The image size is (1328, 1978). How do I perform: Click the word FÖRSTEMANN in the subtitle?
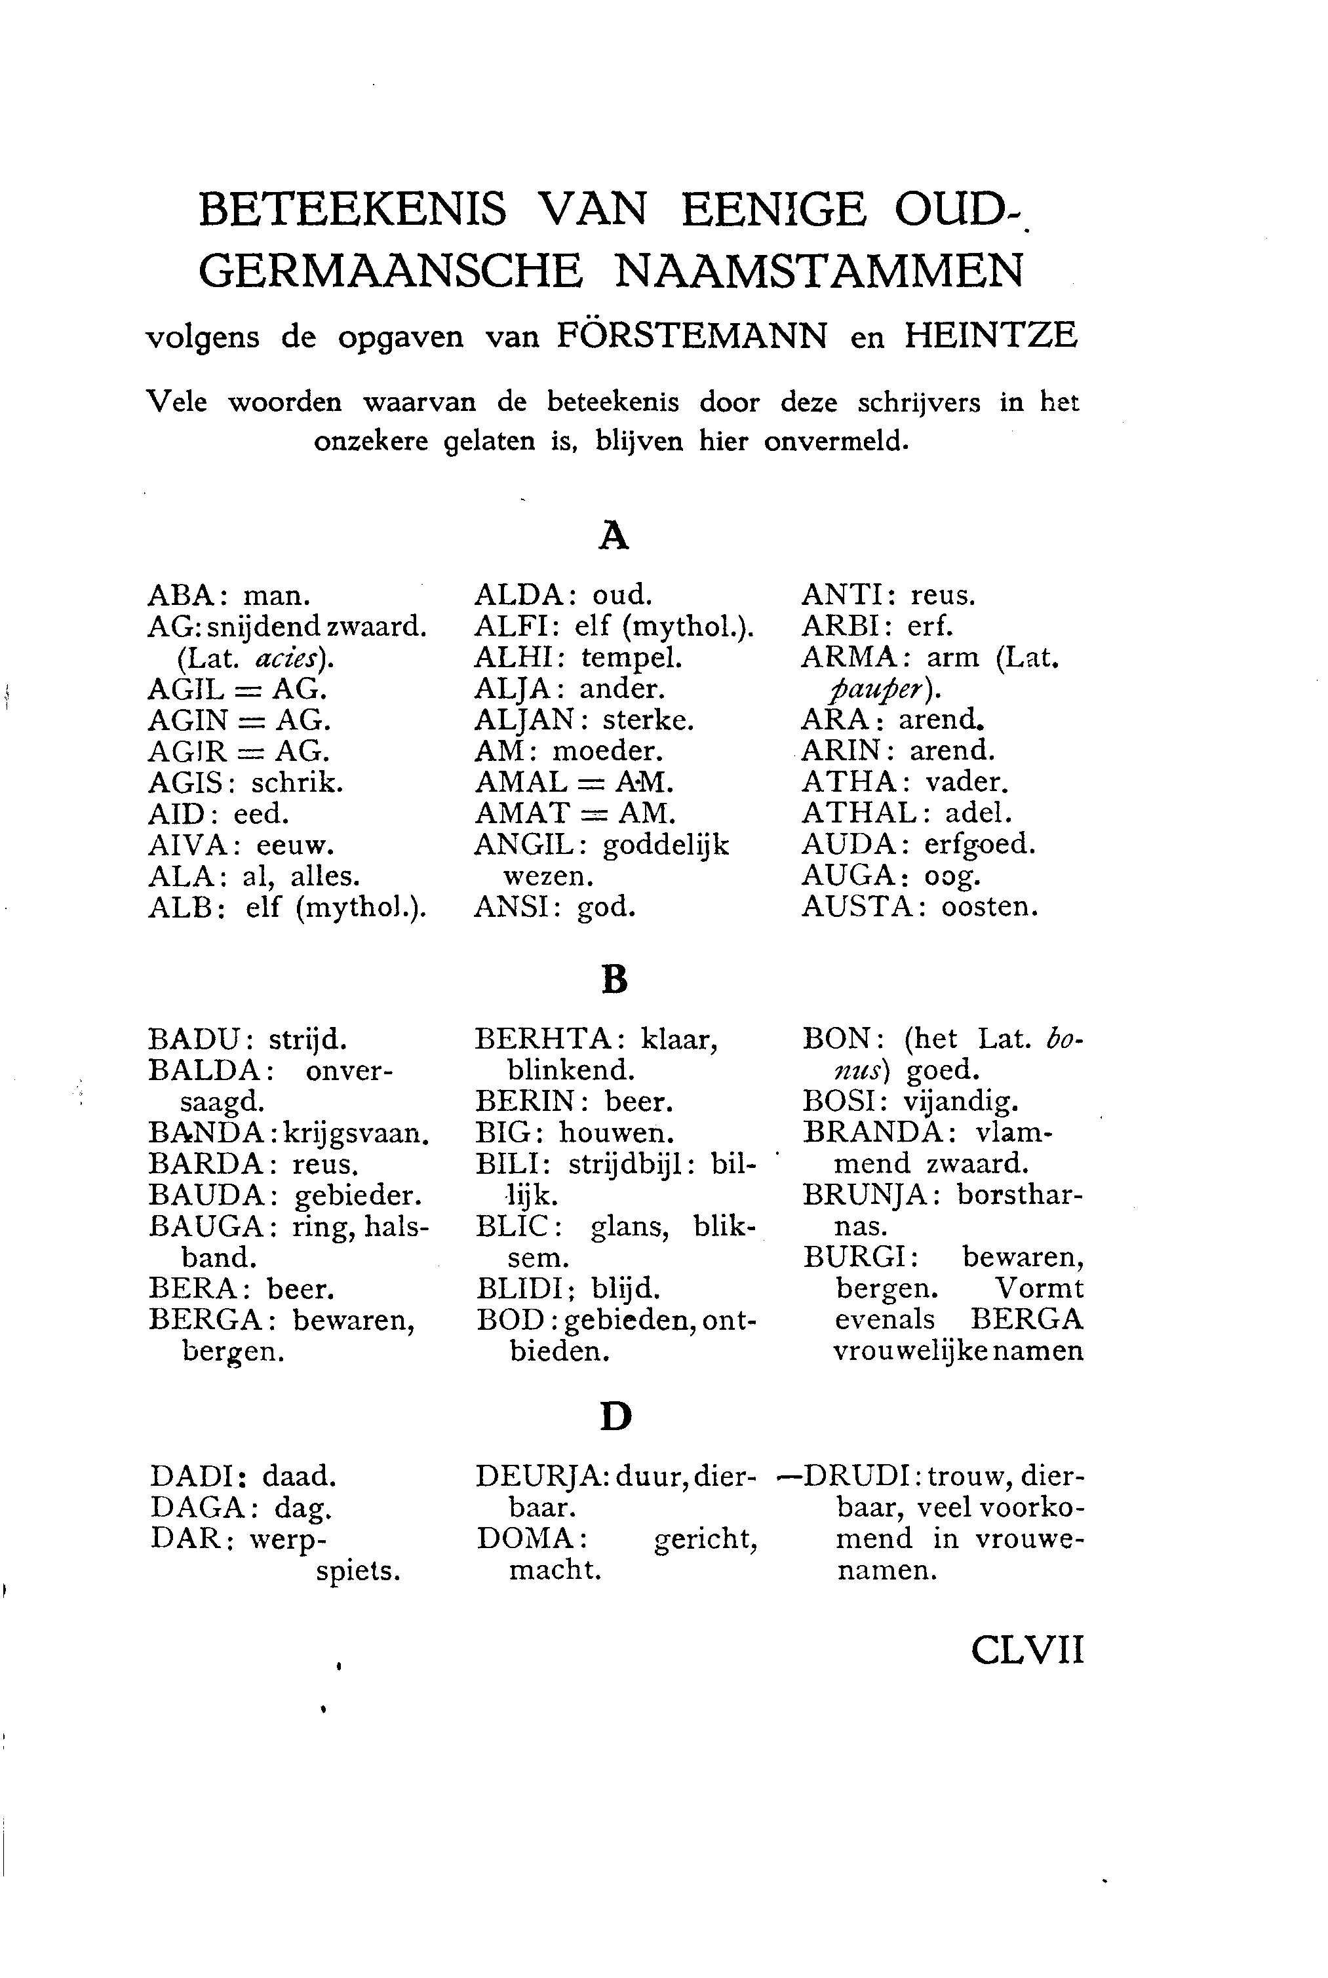point(692,337)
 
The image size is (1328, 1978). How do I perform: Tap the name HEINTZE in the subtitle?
point(991,336)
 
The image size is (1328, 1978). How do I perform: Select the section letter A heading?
point(614,536)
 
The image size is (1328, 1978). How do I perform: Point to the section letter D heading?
point(615,1416)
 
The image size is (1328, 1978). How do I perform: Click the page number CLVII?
point(1026,1650)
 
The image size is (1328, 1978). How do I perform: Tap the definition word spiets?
point(357,1572)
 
